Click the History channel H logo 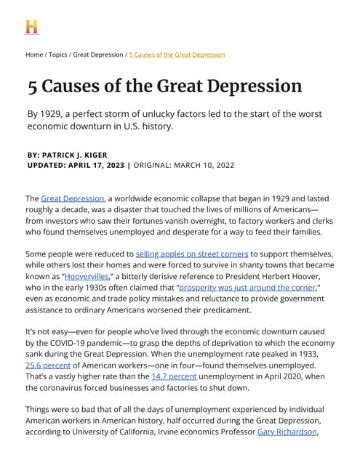[31, 27]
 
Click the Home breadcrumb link [34, 54]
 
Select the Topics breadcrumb [58, 54]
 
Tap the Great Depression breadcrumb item [98, 54]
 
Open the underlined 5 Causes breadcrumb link [177, 54]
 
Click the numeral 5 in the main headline [33, 86]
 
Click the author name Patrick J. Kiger [83, 154]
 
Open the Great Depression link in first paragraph [73, 198]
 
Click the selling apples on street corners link [192, 254]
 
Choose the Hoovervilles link [85, 277]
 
